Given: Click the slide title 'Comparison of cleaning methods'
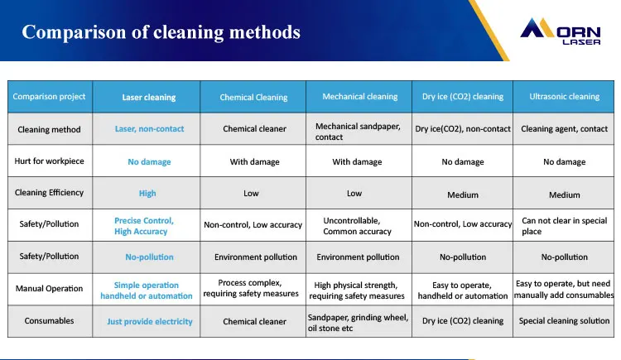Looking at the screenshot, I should click(x=161, y=32).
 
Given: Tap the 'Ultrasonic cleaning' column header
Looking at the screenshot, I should click(x=564, y=97).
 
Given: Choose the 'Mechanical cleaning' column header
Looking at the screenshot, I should click(x=359, y=97).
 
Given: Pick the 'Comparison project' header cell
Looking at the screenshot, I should click(x=49, y=97).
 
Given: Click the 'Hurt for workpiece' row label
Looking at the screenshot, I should click(x=50, y=161).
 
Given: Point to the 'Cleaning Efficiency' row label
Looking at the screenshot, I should click(x=50, y=193).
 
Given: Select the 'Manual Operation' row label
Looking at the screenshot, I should click(x=50, y=289).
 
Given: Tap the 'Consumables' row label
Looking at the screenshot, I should click(x=50, y=321).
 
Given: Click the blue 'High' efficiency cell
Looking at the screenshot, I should click(x=147, y=194).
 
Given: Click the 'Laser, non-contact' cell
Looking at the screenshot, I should click(x=149, y=129).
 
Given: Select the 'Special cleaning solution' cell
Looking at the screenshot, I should click(x=564, y=321).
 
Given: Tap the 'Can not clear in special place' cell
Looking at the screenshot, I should click(x=564, y=225).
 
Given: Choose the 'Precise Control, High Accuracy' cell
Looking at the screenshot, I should click(x=144, y=226).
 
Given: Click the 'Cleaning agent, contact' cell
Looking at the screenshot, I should click(x=564, y=129).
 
